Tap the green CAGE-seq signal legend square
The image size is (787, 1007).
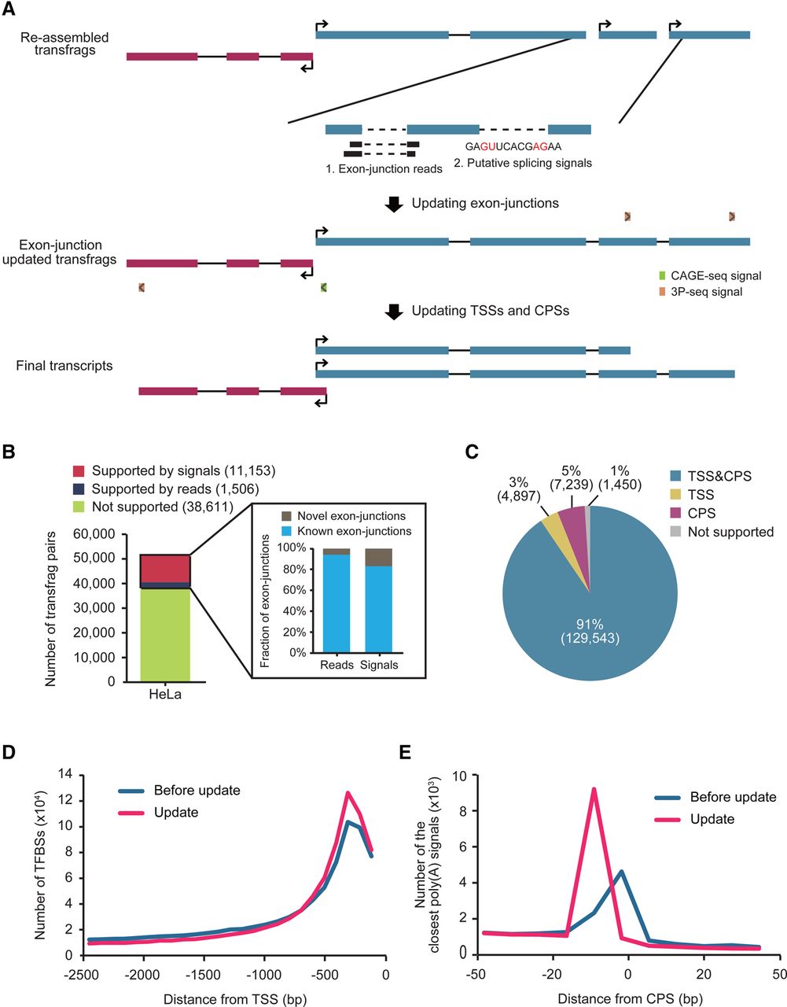pos(662,276)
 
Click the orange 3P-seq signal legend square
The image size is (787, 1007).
pos(662,292)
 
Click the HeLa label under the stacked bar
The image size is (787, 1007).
pos(164,695)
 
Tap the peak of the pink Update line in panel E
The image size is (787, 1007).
pos(594,789)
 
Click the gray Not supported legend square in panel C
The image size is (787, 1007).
pos(676,532)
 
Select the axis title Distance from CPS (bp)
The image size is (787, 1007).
pos(626,999)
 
